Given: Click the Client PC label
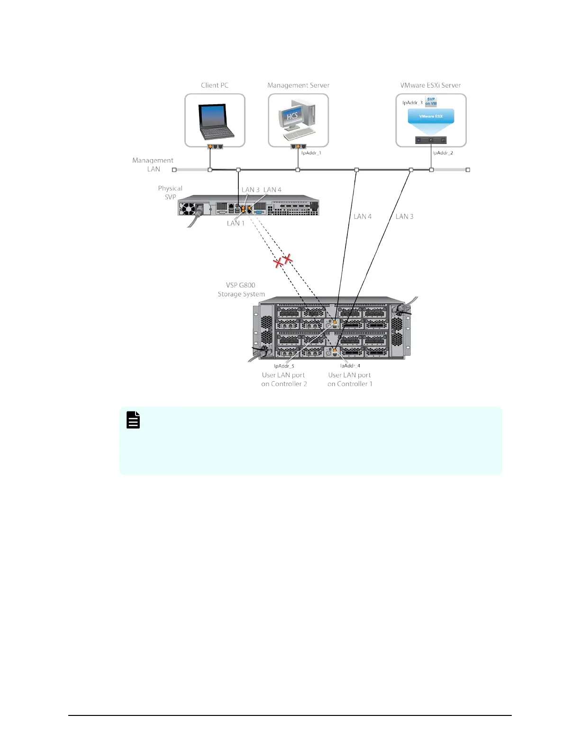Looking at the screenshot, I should click(x=215, y=85).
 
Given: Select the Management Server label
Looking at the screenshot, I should click(x=298, y=85).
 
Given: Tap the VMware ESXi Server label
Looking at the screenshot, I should click(x=430, y=85).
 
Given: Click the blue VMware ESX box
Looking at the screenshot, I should click(x=431, y=116).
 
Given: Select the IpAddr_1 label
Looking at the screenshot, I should click(x=311, y=153).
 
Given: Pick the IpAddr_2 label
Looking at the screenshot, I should click(x=443, y=153).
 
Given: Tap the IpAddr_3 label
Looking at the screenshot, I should click(x=412, y=103).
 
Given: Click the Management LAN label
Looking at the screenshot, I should click(x=153, y=165).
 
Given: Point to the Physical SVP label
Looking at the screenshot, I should click(x=170, y=193).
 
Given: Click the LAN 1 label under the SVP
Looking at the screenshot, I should click(x=236, y=223).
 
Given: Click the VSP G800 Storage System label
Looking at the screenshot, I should click(x=241, y=290).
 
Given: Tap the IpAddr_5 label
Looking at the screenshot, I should click(x=284, y=366).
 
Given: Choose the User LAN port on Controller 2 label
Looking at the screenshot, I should click(x=284, y=379).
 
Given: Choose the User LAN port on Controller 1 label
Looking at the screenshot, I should click(x=350, y=379).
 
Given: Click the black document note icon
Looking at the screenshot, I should click(x=133, y=420).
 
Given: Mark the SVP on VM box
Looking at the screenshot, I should click(x=431, y=101).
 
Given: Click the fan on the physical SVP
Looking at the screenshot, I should click(x=187, y=208).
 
